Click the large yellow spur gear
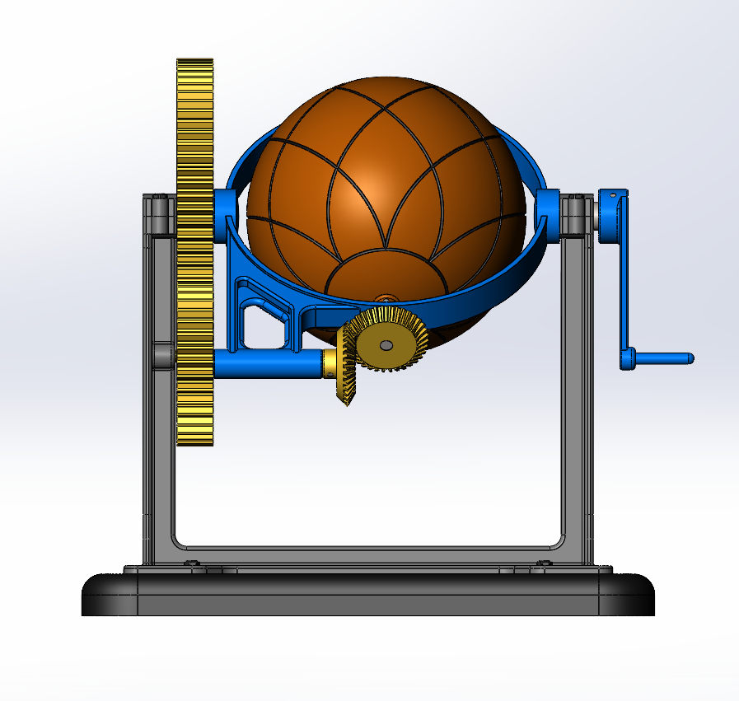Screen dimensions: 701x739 click(x=194, y=247)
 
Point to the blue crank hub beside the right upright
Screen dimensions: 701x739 click(x=612, y=217)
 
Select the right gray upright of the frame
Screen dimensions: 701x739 click(x=577, y=412)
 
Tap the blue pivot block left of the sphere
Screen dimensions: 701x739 click(x=225, y=215)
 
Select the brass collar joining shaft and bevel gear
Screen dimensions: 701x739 click(x=330, y=362)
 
